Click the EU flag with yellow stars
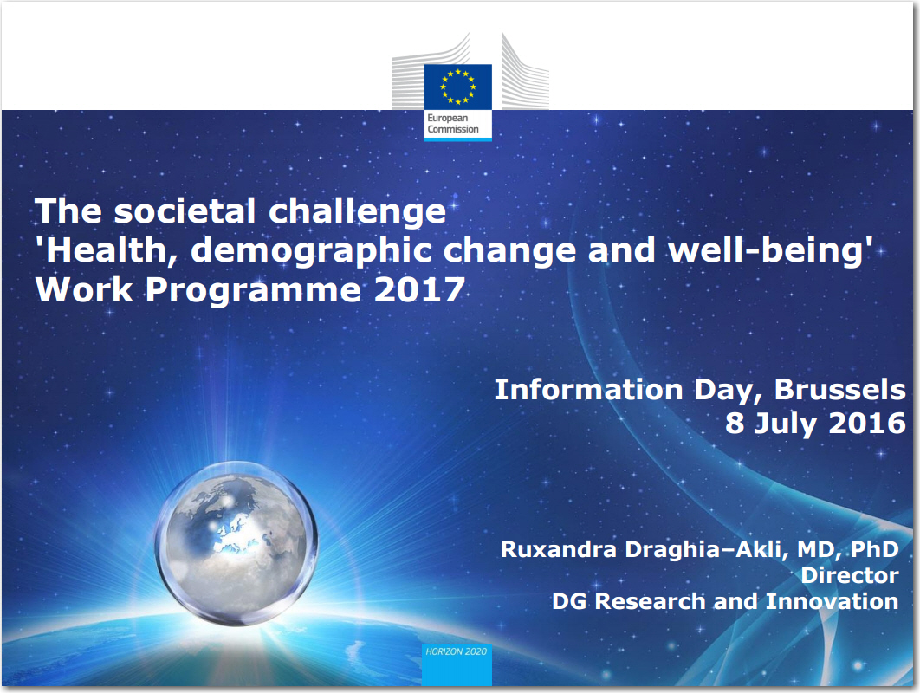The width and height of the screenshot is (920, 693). (x=457, y=87)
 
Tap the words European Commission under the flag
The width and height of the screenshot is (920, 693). (x=453, y=124)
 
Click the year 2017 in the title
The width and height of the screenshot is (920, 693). (x=419, y=290)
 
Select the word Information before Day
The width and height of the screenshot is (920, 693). (x=588, y=390)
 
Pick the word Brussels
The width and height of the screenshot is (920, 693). (x=839, y=390)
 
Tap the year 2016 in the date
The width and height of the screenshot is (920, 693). (x=867, y=423)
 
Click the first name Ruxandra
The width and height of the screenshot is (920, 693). (x=559, y=549)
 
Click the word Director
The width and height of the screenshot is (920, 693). (x=850, y=575)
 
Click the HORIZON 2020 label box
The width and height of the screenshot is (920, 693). (x=457, y=664)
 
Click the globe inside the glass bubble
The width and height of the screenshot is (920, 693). (x=237, y=543)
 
